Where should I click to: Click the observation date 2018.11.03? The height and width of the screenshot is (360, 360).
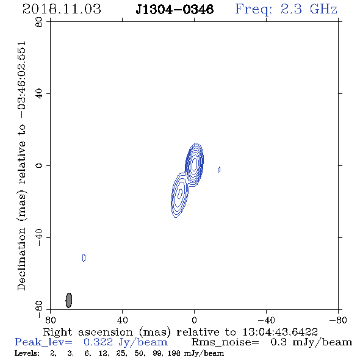[62, 9]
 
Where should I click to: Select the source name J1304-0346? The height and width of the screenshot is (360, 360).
[175, 9]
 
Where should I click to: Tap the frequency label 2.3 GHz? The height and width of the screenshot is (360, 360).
[309, 9]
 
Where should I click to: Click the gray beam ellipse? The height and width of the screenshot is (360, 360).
[69, 300]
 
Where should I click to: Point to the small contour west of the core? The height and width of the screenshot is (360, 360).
[219, 170]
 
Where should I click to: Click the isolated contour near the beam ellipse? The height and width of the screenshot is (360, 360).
[84, 258]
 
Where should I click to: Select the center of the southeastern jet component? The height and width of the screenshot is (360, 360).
[180, 195]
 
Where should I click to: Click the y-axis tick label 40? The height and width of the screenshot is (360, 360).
[39, 94]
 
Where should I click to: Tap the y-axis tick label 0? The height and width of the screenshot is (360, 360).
[39, 165]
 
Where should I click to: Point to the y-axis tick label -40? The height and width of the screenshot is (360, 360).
[39, 237]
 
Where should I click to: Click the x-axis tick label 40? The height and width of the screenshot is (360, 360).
[122, 320]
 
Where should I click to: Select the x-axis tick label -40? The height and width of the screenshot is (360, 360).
[266, 320]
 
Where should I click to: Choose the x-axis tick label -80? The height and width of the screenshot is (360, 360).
[338, 320]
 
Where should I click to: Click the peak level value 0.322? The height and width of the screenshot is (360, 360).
[98, 342]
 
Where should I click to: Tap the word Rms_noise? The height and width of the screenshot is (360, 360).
[225, 342]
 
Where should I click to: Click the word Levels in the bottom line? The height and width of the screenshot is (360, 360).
[27, 353]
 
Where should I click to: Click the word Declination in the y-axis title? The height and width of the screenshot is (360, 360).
[21, 259]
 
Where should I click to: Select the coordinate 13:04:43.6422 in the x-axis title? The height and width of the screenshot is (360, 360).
[280, 332]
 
